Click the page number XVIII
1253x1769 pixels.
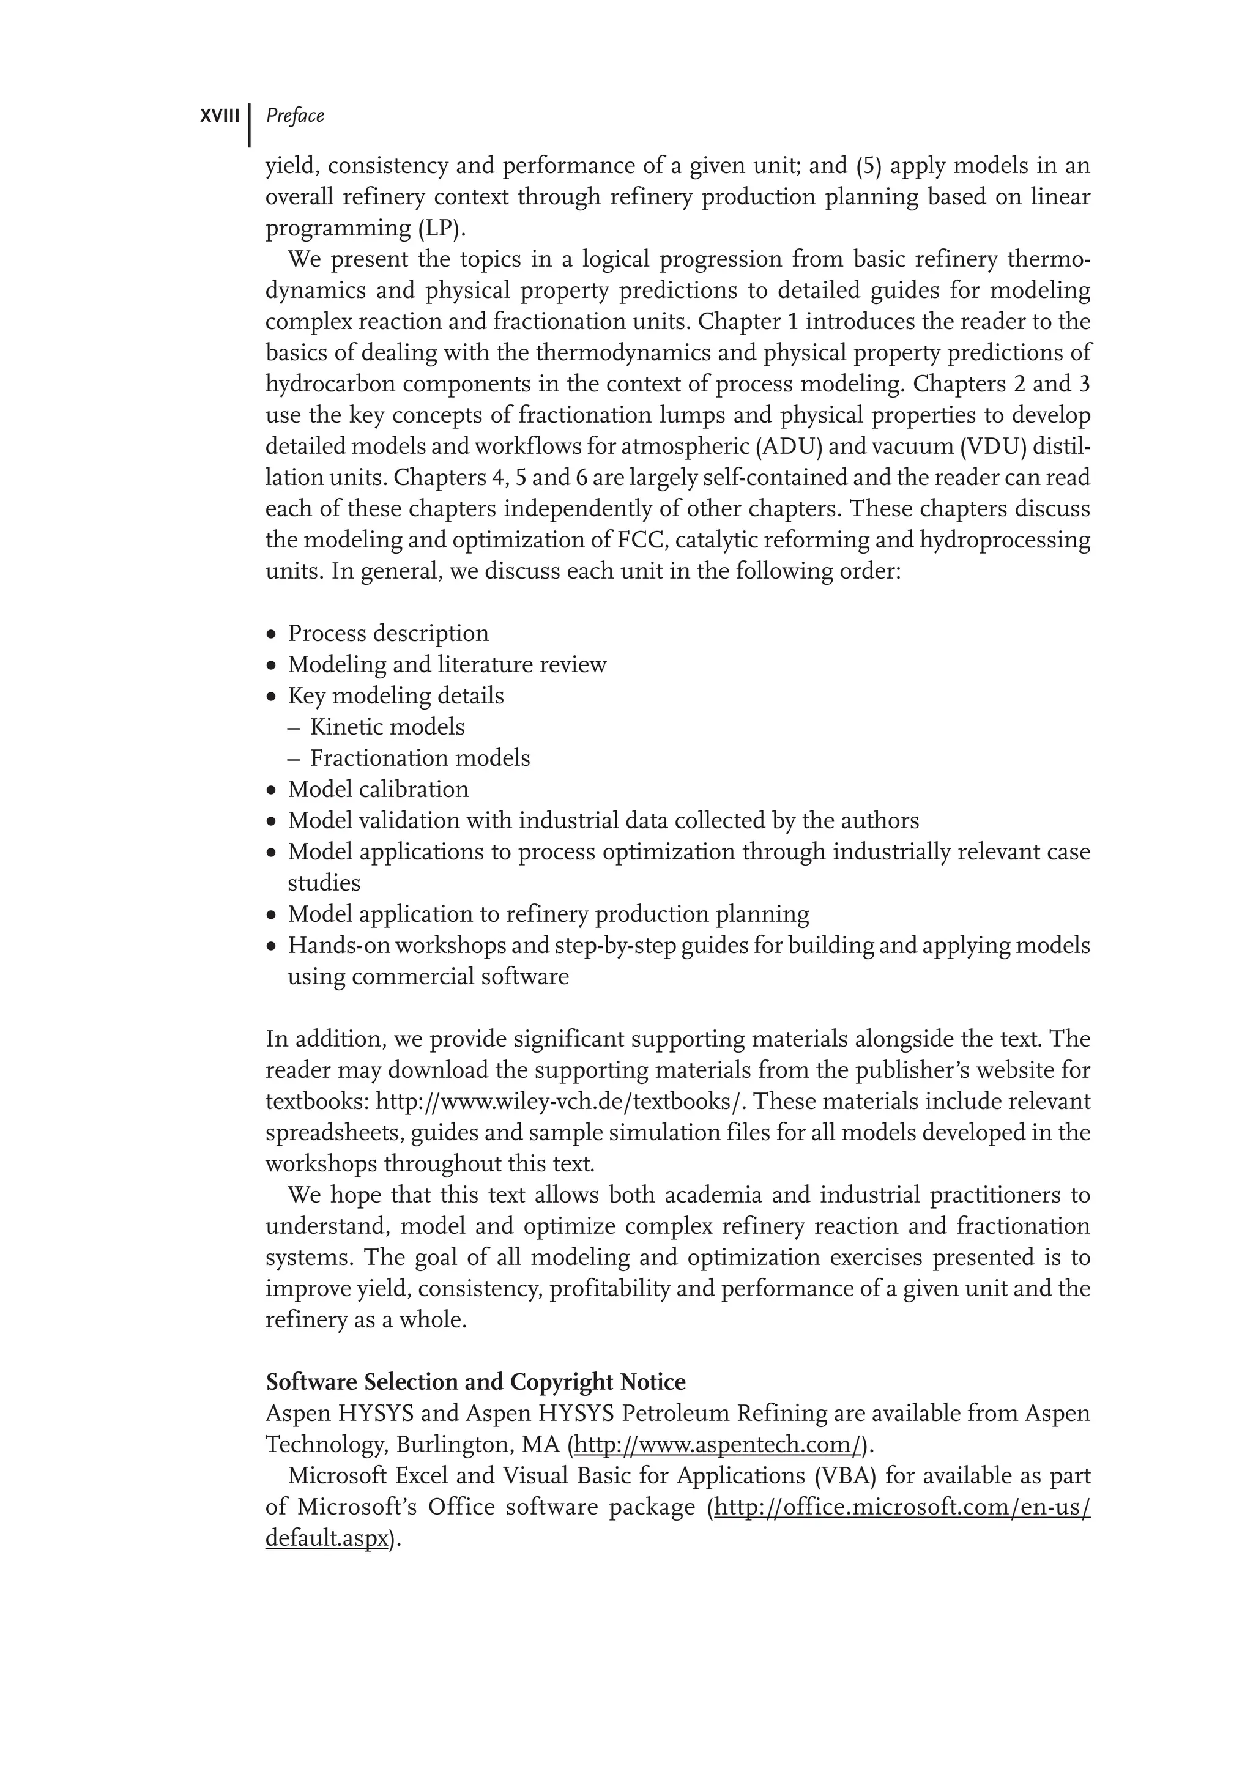click(x=220, y=116)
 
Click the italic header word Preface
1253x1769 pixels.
click(x=295, y=116)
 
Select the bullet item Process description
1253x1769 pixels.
click(x=387, y=633)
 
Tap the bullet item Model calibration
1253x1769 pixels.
click(x=377, y=789)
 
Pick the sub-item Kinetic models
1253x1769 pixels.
click(x=387, y=727)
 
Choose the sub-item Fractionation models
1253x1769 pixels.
click(x=420, y=758)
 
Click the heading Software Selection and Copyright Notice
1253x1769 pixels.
click(x=475, y=1382)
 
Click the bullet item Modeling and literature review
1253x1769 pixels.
click(x=447, y=664)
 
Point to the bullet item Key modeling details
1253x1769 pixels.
click(x=395, y=696)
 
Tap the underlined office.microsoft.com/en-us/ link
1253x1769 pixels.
click(x=902, y=1507)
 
